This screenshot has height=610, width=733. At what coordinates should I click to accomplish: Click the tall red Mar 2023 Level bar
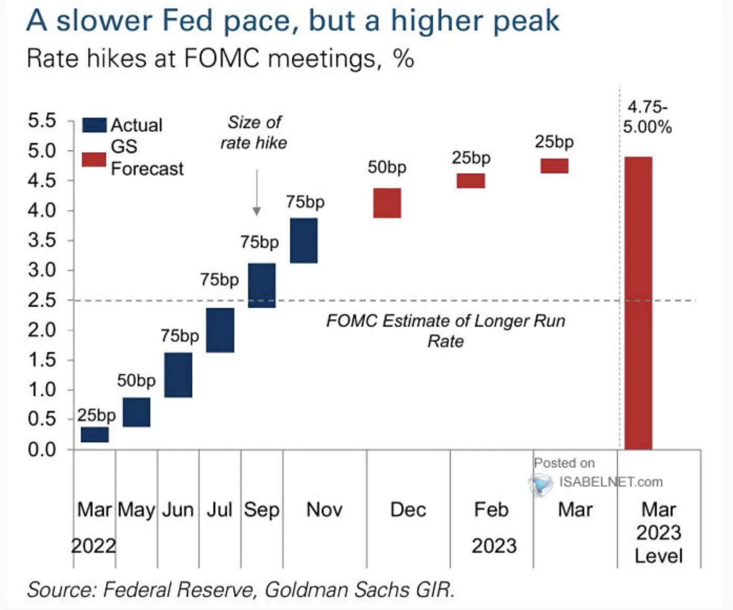click(638, 303)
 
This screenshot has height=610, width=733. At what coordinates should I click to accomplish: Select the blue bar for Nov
click(304, 241)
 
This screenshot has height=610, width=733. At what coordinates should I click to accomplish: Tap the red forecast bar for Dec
click(387, 203)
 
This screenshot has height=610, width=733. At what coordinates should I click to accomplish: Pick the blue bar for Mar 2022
click(95, 435)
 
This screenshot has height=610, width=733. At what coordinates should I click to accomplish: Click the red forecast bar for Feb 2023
click(471, 181)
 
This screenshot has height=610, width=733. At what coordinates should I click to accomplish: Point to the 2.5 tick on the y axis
click(43, 301)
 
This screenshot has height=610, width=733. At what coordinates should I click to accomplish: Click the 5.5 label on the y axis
click(43, 121)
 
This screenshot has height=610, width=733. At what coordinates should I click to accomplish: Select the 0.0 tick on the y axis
click(43, 450)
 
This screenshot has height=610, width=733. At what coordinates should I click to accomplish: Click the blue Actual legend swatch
click(95, 125)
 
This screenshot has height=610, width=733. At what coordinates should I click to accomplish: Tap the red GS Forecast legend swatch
click(95, 160)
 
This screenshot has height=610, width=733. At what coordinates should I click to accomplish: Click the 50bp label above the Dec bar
click(387, 168)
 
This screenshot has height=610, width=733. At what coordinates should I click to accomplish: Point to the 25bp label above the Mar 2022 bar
click(97, 416)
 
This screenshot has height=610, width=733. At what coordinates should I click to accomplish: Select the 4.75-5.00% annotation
click(647, 117)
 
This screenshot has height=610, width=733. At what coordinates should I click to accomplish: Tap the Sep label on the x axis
click(262, 510)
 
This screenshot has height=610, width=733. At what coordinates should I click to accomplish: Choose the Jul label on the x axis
click(220, 510)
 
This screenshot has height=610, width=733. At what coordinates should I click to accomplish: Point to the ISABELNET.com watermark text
click(611, 482)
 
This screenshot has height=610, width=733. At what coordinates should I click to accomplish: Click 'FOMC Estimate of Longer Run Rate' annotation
click(446, 330)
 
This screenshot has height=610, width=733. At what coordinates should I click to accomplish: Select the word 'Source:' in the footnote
click(62, 590)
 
